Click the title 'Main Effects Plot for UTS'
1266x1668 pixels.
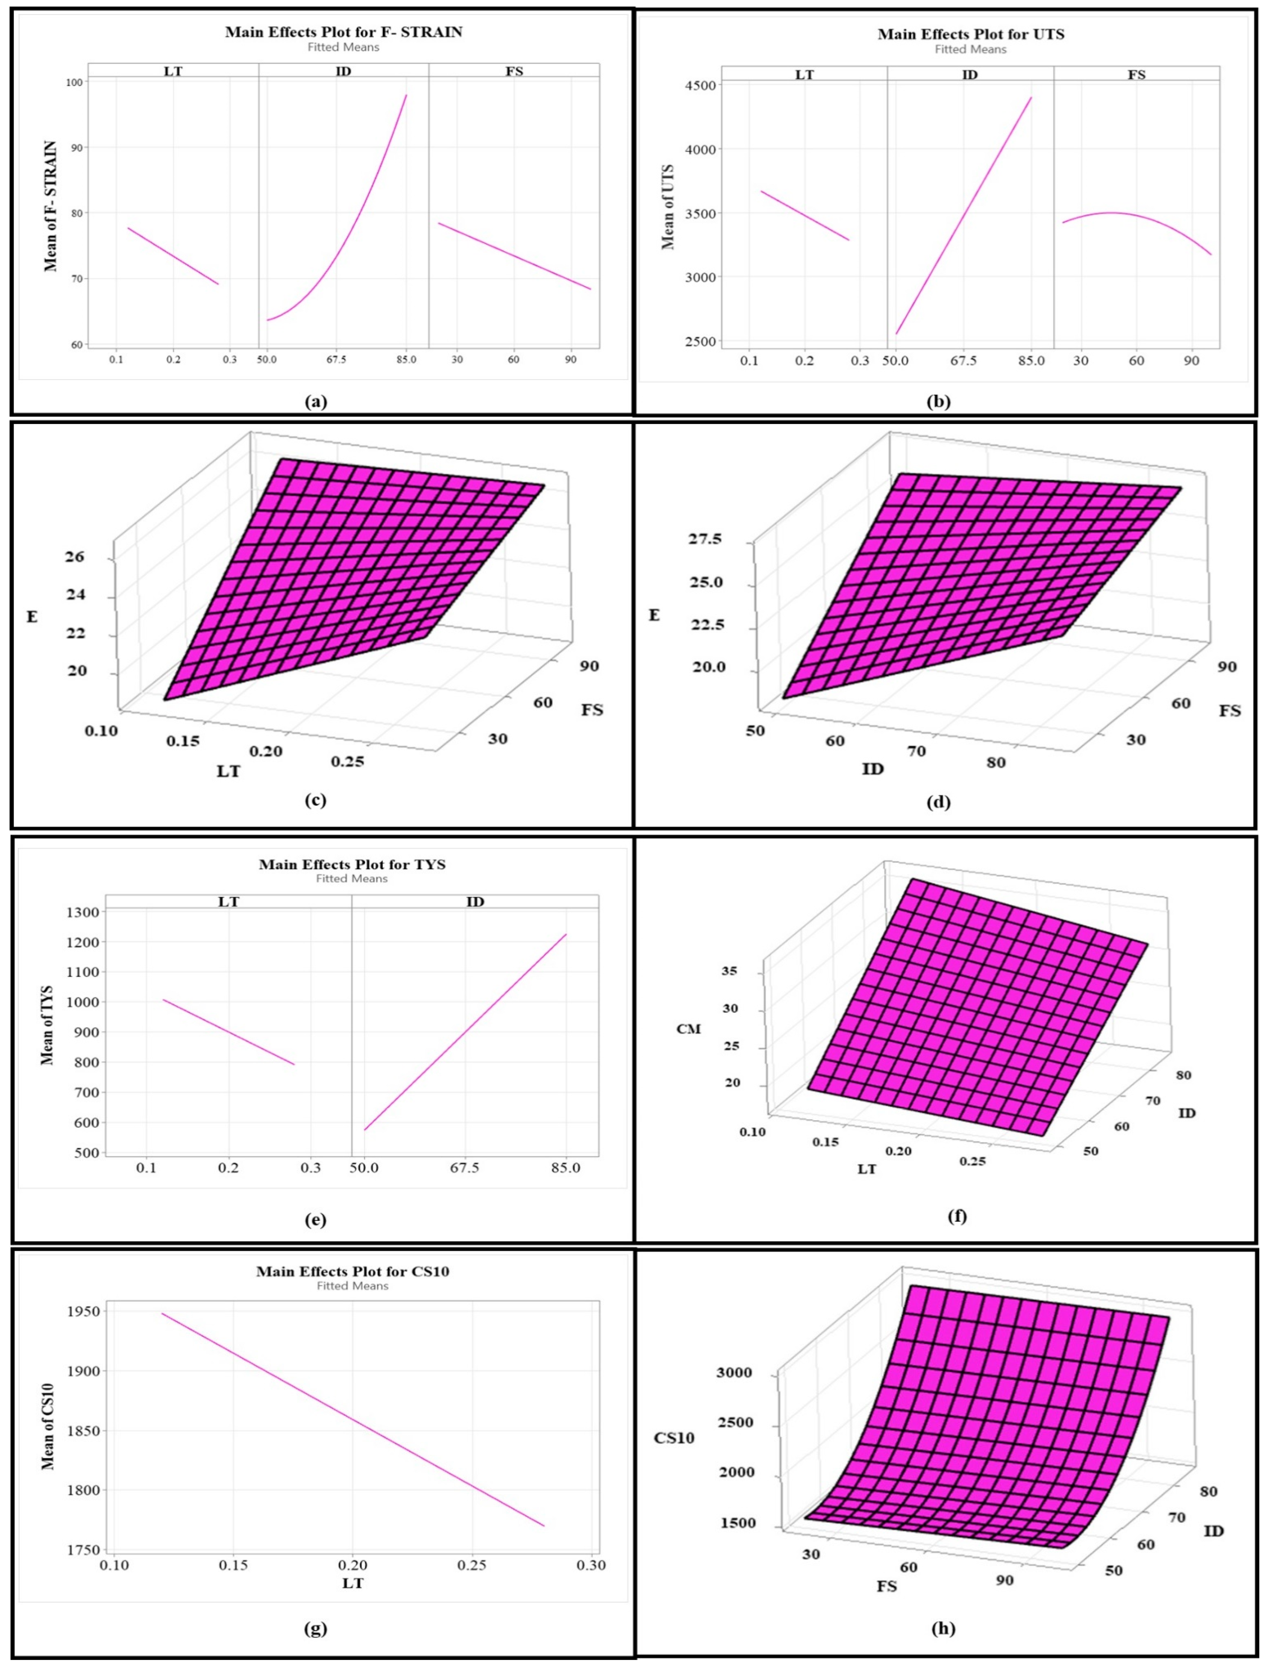point(970,35)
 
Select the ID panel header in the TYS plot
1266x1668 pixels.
point(475,902)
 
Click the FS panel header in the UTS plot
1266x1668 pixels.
point(1136,75)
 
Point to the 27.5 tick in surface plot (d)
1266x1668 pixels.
point(705,539)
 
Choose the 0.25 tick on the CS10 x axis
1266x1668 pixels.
point(472,1566)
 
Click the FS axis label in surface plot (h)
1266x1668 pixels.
point(887,1586)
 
